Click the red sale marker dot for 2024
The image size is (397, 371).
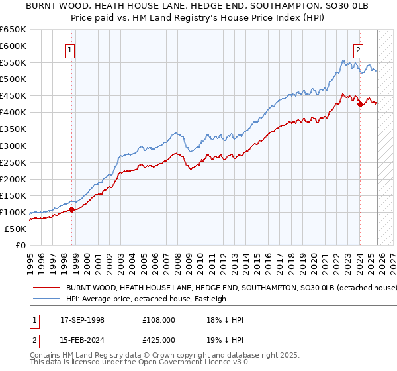359,104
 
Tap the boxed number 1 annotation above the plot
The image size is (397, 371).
70,48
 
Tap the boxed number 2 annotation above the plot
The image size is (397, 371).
358,48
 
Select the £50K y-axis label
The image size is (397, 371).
15,229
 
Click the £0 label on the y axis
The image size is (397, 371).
20,245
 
